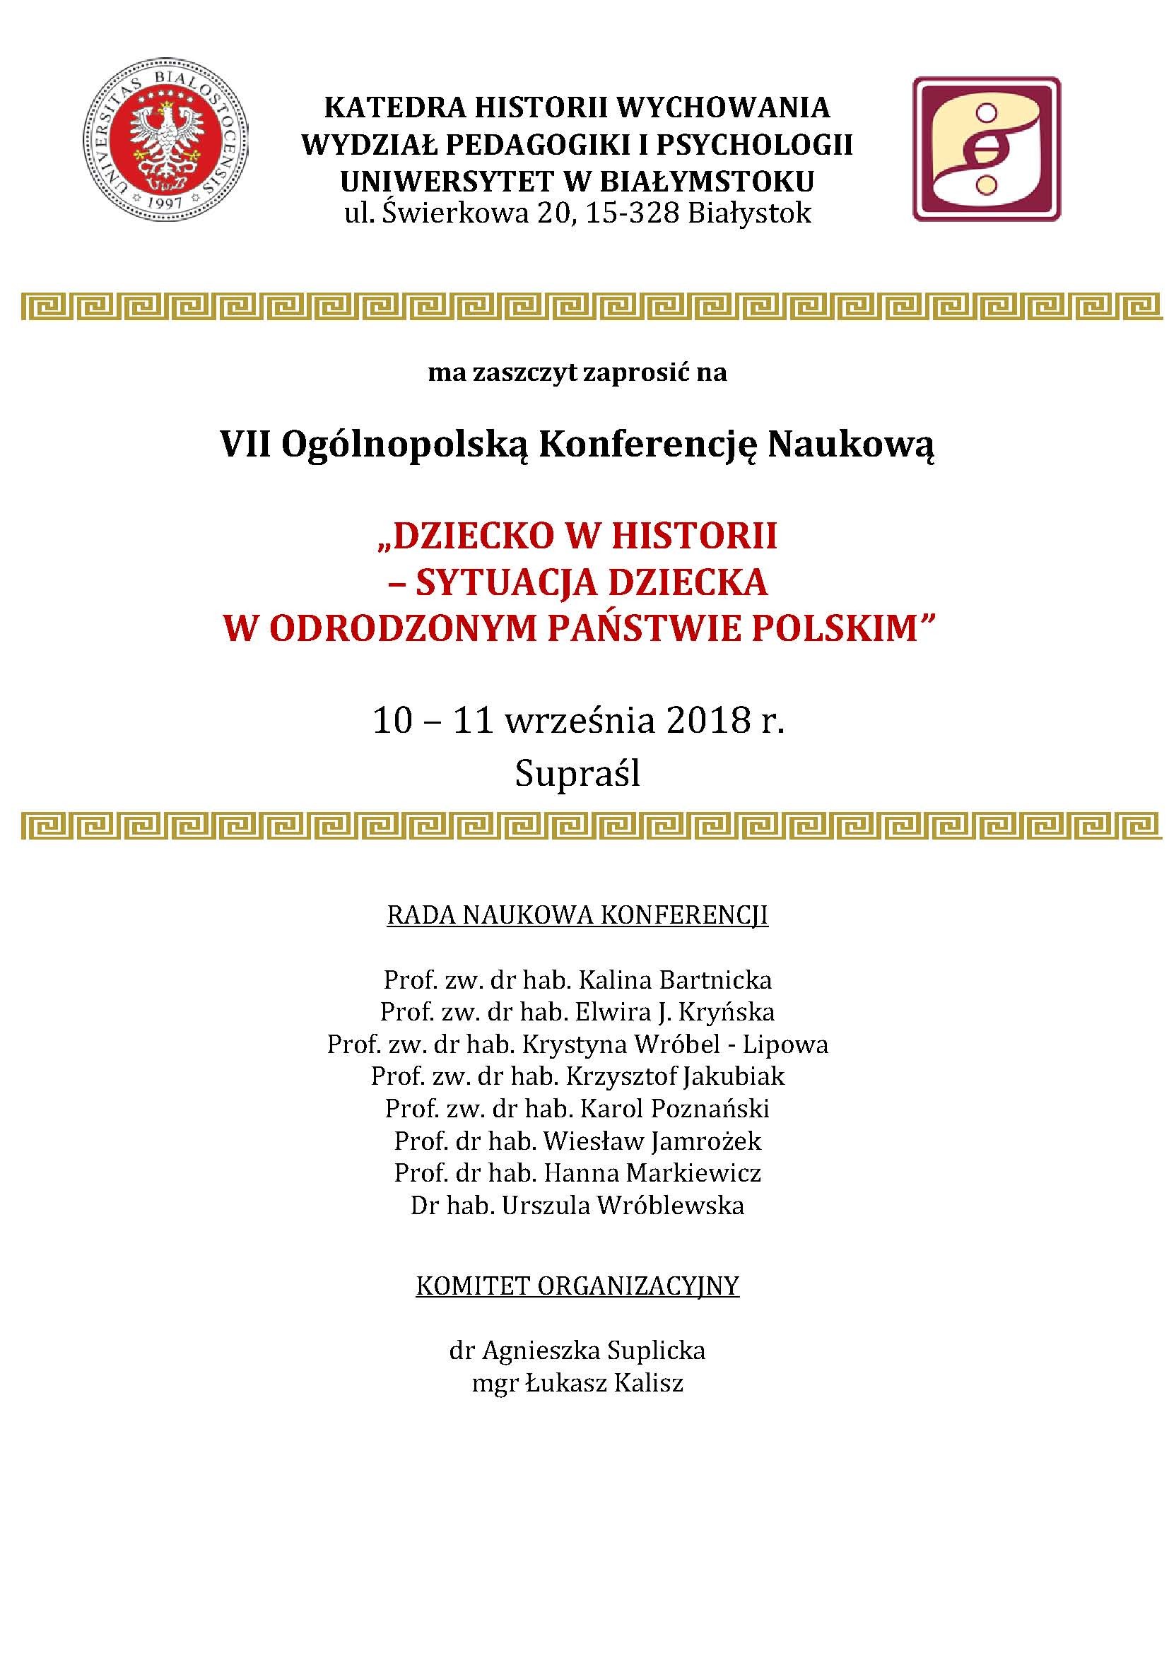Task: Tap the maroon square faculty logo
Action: pyautogui.click(x=986, y=149)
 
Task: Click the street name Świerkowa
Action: pyautogui.click(x=455, y=214)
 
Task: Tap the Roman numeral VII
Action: pyautogui.click(x=246, y=445)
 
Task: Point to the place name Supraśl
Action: pyautogui.click(x=577, y=775)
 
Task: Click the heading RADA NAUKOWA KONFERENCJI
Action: pyautogui.click(x=577, y=915)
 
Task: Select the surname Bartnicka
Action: pyautogui.click(x=715, y=980)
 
